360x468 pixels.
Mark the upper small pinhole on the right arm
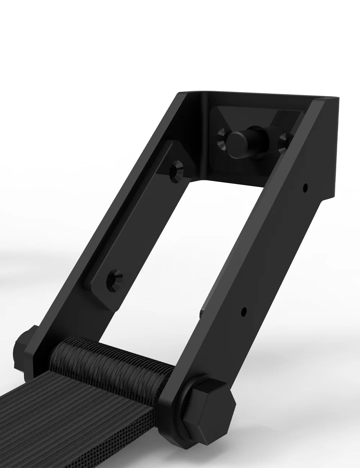coord(305,187)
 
